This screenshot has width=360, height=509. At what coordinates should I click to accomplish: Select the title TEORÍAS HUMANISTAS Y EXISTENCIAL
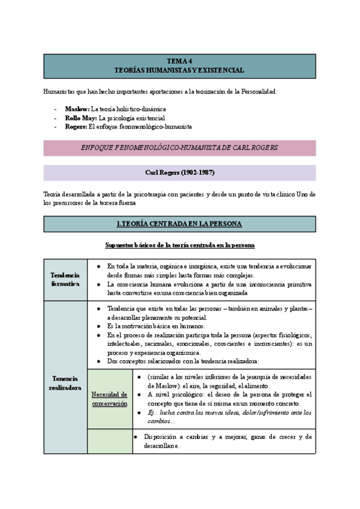[x=179, y=70]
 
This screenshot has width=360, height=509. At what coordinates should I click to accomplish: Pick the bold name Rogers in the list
[x=76, y=127]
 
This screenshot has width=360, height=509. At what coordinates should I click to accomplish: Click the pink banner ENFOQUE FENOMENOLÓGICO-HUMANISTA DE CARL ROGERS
[x=179, y=148]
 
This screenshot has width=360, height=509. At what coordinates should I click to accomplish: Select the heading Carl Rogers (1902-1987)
[x=179, y=173]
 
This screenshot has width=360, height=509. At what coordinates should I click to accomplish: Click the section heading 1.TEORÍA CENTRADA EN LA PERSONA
[x=179, y=224]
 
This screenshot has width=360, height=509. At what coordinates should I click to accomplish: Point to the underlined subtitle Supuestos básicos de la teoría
[x=179, y=245]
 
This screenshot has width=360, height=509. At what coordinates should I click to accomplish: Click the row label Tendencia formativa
[x=65, y=279]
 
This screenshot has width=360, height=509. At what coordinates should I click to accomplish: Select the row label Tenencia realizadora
[x=65, y=383]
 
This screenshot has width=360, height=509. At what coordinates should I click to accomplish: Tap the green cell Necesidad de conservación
[x=109, y=399]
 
